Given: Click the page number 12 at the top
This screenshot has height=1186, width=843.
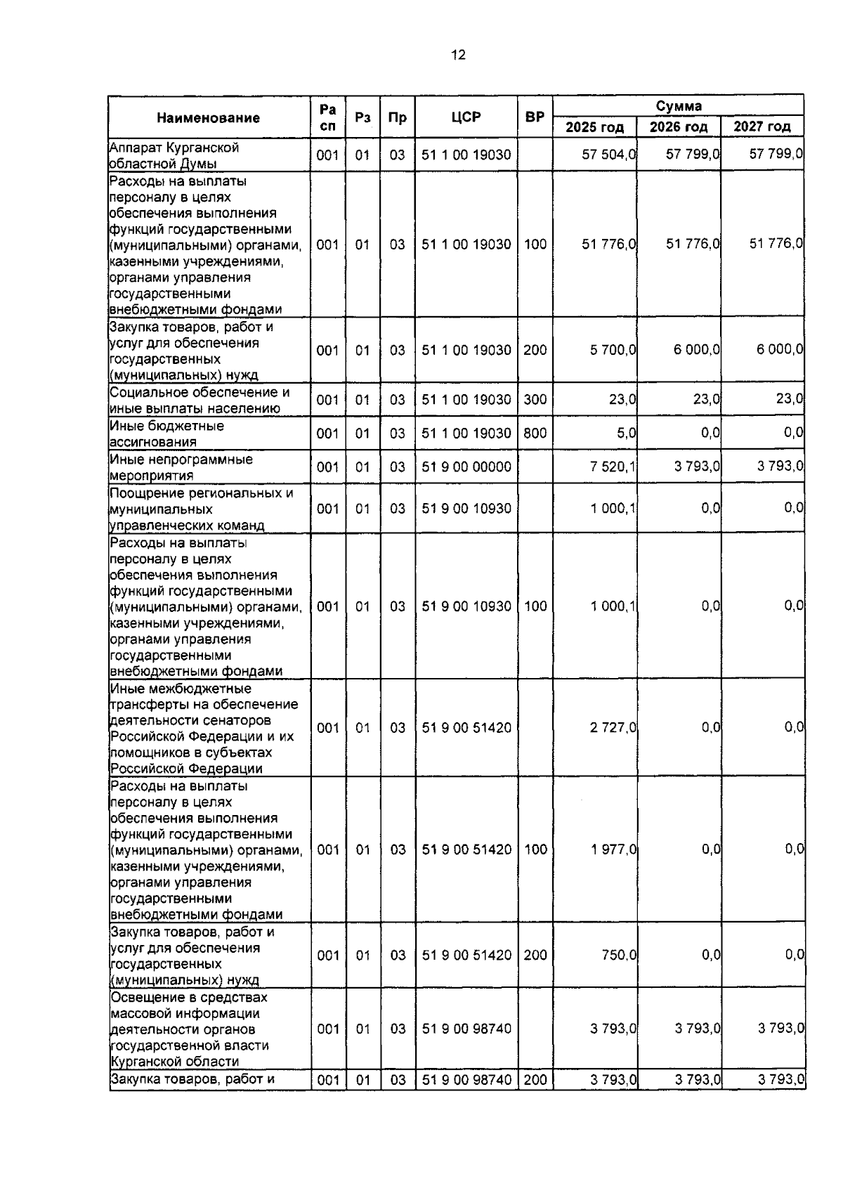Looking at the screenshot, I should tap(458, 55).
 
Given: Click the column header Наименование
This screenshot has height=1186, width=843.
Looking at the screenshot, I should tap(208, 118).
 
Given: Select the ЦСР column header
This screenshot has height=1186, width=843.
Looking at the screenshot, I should tap(466, 117).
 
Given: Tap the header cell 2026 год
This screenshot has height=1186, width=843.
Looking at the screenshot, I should tap(678, 127).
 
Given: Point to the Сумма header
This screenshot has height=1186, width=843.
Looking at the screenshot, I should tap(678, 106).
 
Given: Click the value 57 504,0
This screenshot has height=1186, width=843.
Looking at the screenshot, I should tap(608, 155).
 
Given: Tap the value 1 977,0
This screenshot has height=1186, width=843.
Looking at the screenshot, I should tap(613, 849).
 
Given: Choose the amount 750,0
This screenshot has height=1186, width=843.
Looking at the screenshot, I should tap(617, 955).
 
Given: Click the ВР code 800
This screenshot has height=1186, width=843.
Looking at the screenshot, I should tap(535, 434).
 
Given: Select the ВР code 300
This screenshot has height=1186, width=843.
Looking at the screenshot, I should tap(535, 400).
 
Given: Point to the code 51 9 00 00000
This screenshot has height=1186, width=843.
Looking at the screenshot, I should tap(466, 467).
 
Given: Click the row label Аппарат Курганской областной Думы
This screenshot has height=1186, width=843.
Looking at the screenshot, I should tap(174, 155).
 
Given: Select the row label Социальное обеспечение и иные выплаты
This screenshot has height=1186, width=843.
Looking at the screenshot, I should tap(200, 400).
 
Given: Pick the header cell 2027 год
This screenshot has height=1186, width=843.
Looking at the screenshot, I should tap(762, 127).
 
